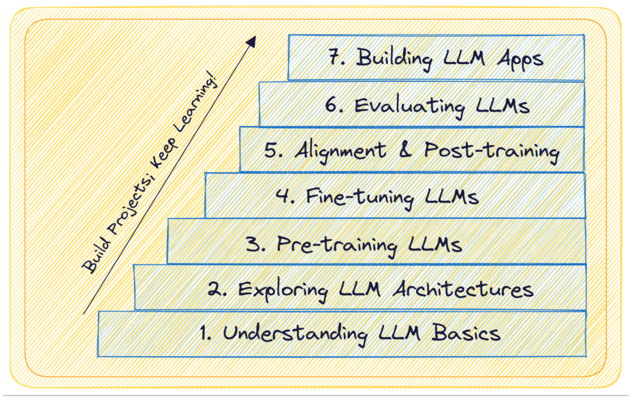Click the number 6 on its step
(332, 106)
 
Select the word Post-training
(491, 150)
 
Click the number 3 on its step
(253, 244)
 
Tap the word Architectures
(463, 289)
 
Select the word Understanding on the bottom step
(296, 334)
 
